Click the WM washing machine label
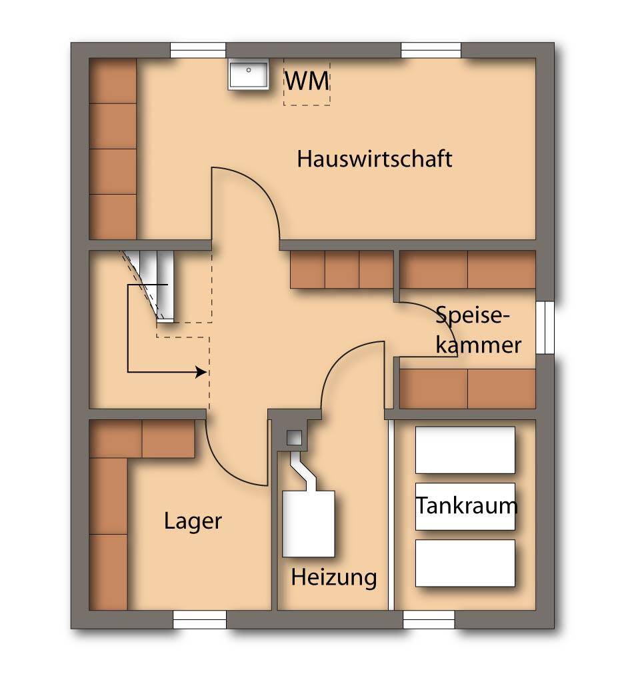point(307,81)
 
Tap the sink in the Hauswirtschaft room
point(248,73)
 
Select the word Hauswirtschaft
point(375,159)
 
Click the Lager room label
point(193,521)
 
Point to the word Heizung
point(333,577)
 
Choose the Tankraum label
point(467,505)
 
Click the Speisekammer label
point(477,329)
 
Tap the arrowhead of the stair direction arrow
point(201,372)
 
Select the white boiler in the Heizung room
point(308,523)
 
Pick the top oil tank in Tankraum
point(465,450)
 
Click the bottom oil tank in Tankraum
point(465,563)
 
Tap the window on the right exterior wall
point(546,327)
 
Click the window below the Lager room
point(200,619)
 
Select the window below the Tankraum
point(429,619)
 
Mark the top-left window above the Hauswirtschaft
point(198,50)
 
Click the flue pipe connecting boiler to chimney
point(300,471)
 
